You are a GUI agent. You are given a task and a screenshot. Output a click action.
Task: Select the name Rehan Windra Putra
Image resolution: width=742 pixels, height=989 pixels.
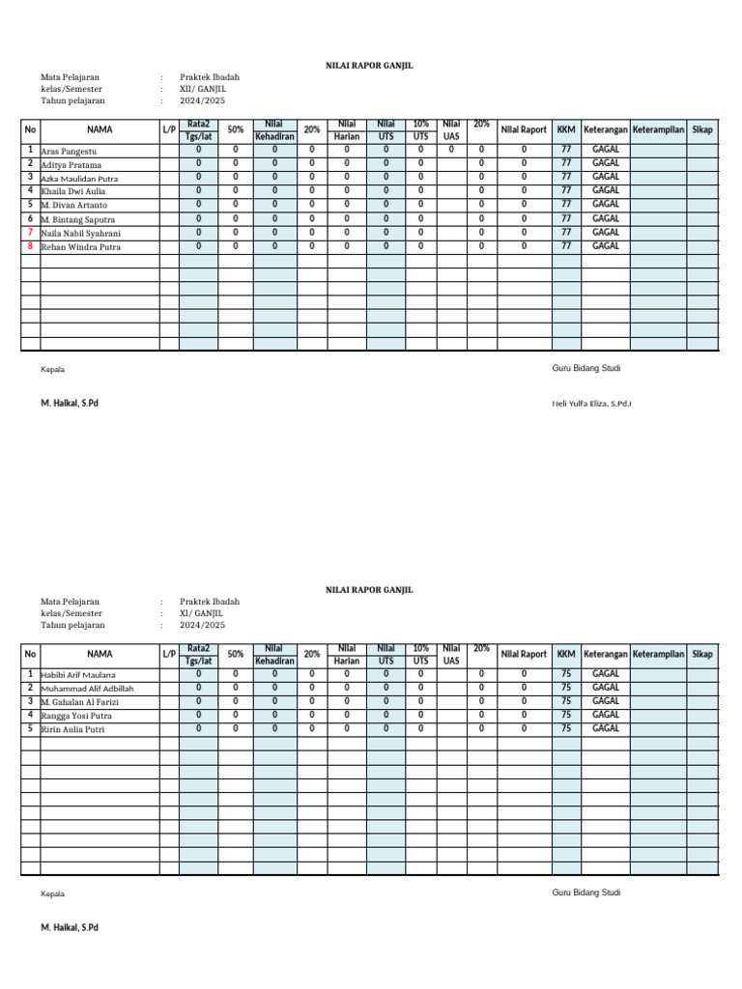[x=80, y=247]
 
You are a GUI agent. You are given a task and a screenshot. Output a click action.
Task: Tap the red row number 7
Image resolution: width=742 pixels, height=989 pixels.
[x=31, y=233]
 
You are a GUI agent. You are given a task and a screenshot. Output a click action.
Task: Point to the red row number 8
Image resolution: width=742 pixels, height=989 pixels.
[x=31, y=246]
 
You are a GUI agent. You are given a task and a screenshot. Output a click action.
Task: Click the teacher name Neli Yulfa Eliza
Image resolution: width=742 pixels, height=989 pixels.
[x=591, y=403]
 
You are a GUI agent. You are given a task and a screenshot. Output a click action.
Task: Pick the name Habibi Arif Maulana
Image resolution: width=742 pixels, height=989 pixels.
[x=78, y=674]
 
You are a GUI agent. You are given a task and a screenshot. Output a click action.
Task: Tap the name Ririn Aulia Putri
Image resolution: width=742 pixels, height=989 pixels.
[x=72, y=729]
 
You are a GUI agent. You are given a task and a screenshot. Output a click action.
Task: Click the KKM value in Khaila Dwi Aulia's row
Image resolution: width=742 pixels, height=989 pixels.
[x=566, y=191]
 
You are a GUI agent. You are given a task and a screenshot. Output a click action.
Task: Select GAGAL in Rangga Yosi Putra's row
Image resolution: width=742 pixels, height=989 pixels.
[x=606, y=715]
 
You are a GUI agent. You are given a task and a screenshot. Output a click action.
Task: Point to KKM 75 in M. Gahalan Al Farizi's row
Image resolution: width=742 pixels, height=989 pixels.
[x=566, y=701]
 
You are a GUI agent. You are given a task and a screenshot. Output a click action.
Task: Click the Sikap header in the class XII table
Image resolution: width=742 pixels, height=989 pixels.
[x=702, y=129]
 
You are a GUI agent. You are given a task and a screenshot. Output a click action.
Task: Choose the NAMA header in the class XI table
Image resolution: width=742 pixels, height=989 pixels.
[x=100, y=654]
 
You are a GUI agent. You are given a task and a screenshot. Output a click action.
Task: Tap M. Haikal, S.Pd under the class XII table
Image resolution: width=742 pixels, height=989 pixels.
[x=70, y=403]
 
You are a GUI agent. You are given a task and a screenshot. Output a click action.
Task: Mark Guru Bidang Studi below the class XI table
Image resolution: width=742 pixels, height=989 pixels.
[x=586, y=892]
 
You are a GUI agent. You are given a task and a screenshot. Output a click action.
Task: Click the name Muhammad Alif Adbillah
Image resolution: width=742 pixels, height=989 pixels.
[x=87, y=688]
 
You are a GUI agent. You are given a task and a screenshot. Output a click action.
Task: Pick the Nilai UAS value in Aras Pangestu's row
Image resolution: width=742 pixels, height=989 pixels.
[x=451, y=150]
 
